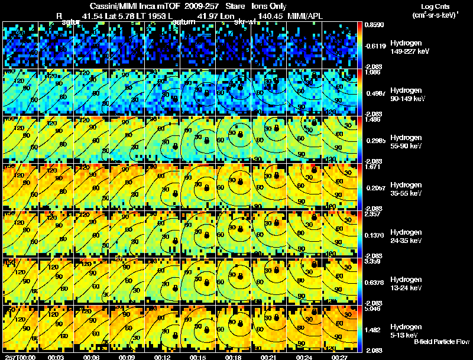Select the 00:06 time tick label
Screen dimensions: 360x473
[90, 357]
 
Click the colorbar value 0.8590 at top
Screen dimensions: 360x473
[374, 25]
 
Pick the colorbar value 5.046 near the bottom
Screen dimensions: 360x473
[374, 309]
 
